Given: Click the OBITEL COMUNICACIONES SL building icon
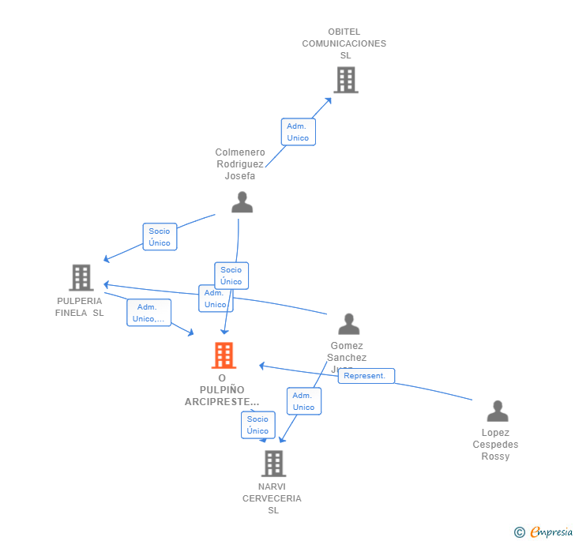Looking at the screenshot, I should coord(345,80).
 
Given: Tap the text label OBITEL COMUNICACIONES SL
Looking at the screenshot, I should coord(344,43).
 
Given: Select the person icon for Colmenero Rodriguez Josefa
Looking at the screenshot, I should coord(242,202).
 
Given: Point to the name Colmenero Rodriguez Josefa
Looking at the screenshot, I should coord(240,164).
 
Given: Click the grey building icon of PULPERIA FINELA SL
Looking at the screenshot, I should coord(81,277).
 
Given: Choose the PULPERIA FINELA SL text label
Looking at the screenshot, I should coord(80,306).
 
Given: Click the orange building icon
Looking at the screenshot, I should coord(224,355).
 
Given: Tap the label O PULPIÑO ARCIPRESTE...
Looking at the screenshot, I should coord(222,390).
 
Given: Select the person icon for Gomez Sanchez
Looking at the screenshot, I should coord(348,324).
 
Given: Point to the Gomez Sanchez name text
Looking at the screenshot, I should coord(347,351).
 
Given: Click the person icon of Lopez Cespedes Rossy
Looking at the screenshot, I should coord(497,411).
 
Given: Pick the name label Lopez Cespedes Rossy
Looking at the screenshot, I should coord(496,445).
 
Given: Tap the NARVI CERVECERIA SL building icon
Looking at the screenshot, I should coord(273,464).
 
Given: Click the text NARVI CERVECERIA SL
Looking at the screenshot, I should coord(272,498).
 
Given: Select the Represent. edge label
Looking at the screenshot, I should coord(365,376).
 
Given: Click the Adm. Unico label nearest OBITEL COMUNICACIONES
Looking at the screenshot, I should coord(298,132).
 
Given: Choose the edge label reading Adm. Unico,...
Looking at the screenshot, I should coord(148,313).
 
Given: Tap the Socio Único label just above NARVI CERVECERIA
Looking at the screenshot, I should coord(257,425).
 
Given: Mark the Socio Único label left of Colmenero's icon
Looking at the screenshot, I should coord(160,237).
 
